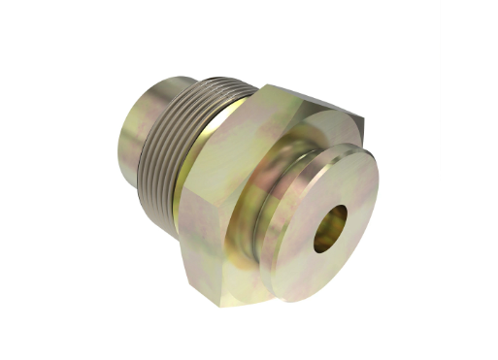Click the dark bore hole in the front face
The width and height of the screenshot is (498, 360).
pos(328,229)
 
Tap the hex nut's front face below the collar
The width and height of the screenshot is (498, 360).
pos(252,281)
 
